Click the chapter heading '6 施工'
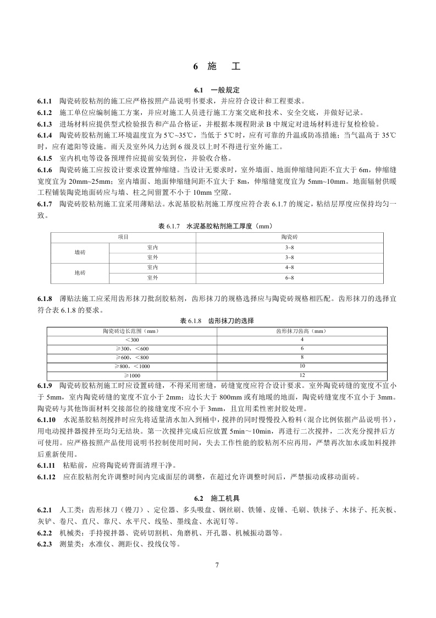point(217,67)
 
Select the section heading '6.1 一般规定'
point(217,90)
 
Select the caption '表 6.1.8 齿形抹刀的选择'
point(217,320)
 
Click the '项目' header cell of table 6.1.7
point(123,237)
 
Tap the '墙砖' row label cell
point(80,252)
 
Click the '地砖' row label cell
point(80,272)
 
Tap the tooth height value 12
point(302,375)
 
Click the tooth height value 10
point(302,366)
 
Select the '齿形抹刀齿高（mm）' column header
point(302,331)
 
